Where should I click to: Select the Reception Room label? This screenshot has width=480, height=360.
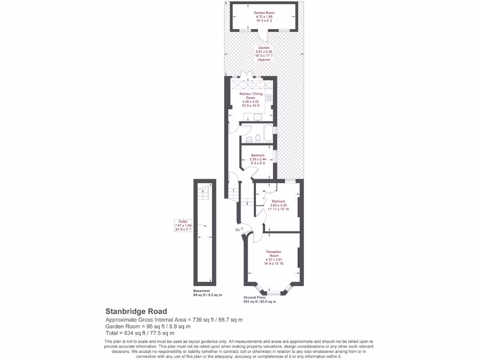(x=274, y=257)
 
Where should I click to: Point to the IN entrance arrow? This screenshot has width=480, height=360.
(x=238, y=230)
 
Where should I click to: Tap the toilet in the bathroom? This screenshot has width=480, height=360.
(x=249, y=139)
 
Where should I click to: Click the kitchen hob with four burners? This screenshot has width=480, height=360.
(x=269, y=98)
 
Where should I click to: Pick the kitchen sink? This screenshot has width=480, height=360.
(x=257, y=117)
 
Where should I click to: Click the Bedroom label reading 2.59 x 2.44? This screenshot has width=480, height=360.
(x=257, y=159)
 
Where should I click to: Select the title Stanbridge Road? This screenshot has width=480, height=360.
(x=136, y=311)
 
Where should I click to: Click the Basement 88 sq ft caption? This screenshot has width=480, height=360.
(x=208, y=293)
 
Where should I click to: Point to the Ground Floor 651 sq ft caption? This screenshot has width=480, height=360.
(x=260, y=300)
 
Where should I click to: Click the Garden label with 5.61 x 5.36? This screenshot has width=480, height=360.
(x=264, y=53)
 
